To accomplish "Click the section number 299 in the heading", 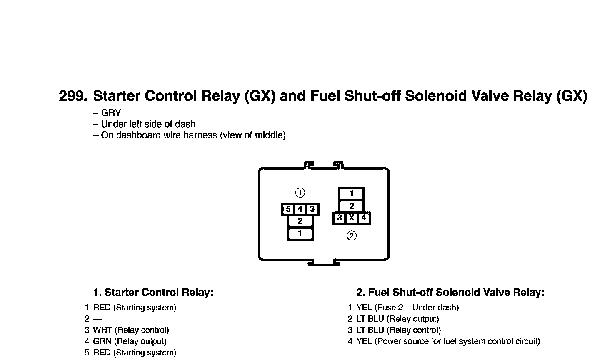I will [73, 96].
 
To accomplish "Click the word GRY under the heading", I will [111, 113].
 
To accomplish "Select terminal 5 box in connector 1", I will [288, 209].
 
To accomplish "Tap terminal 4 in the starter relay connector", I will [300, 209].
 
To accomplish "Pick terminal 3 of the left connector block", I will [312, 209].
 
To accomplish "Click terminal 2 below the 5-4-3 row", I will [300, 221].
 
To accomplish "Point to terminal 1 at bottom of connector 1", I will [300, 234].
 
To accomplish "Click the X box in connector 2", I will [352, 217].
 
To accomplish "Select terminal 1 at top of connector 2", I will [352, 193].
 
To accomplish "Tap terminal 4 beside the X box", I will [364, 217].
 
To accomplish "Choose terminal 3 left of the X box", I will [340, 217].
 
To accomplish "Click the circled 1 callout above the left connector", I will [300, 192].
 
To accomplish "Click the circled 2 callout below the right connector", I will [352, 236].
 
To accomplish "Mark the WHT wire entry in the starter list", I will [102, 330].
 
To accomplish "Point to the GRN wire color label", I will [102, 341].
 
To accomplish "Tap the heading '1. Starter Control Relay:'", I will [153, 292].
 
